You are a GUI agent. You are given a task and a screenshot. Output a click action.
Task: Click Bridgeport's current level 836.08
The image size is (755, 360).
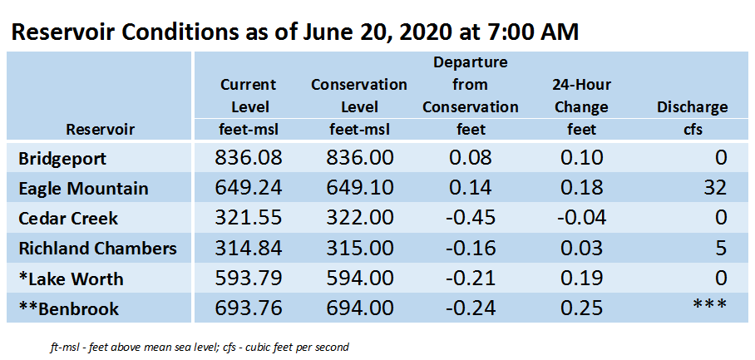(248, 158)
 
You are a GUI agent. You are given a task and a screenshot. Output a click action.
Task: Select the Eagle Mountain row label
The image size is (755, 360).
(83, 188)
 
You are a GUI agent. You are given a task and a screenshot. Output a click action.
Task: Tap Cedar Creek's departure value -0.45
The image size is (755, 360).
(470, 218)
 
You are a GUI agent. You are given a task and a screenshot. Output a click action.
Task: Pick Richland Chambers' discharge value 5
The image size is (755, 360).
(720, 249)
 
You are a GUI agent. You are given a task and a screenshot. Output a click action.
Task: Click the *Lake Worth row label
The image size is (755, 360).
(71, 279)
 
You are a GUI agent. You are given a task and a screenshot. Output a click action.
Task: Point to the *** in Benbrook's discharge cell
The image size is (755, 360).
(709, 305)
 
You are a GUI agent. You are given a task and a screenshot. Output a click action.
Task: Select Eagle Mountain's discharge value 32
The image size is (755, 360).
(714, 188)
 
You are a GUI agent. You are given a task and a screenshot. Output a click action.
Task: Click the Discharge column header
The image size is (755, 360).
(693, 107)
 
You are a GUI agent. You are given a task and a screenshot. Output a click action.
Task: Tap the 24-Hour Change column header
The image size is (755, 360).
(582, 96)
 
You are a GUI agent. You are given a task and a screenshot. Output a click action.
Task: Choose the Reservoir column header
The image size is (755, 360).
(100, 130)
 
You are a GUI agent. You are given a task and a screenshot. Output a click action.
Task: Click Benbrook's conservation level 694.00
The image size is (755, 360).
(359, 308)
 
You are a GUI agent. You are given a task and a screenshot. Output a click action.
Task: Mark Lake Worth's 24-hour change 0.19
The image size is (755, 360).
(582, 279)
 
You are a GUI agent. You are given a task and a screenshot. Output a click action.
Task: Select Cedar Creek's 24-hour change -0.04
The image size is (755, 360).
(582, 218)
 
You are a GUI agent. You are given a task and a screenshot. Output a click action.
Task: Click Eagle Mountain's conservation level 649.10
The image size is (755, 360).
(359, 188)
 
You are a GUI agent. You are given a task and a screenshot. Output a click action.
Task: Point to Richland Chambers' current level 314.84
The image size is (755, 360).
(248, 249)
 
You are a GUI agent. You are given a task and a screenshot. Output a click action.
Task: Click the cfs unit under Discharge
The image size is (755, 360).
(693, 130)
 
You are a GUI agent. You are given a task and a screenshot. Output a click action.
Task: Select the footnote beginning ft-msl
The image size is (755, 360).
(200, 347)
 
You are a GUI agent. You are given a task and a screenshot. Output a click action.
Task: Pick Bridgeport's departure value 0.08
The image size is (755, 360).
(470, 158)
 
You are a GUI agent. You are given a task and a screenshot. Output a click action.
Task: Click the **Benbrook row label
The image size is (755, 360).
(69, 308)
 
